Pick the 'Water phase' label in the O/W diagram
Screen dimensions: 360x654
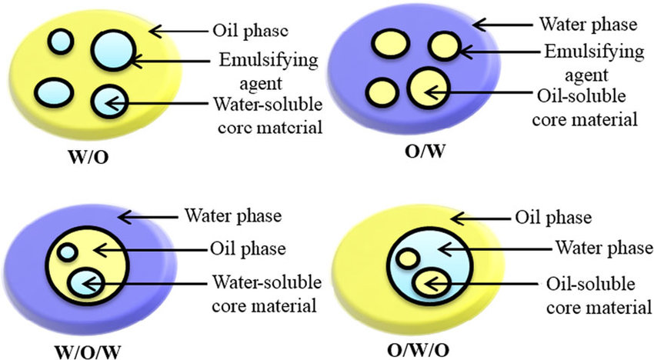588,24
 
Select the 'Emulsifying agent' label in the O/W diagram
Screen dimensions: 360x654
588,63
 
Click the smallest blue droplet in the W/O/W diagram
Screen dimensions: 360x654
68,252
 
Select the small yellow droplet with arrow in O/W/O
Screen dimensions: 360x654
425,282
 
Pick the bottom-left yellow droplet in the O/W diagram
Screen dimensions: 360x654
382,90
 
